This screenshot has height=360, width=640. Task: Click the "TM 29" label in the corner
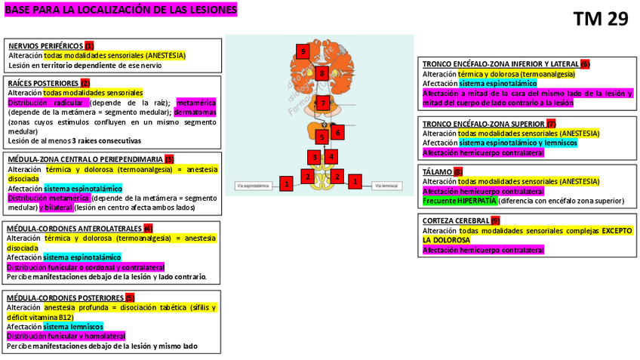(x=600, y=19)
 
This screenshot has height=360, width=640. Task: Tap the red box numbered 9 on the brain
(x=303, y=51)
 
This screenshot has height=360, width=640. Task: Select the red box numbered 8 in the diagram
(x=322, y=73)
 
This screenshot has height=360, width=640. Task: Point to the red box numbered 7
(x=322, y=103)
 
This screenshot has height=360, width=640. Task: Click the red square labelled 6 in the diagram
(x=337, y=132)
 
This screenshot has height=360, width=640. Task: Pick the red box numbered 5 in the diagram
(x=322, y=137)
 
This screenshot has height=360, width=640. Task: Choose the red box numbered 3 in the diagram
(x=314, y=157)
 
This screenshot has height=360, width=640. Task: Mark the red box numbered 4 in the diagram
(x=331, y=156)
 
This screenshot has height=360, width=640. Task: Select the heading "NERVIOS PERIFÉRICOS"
(x=46, y=46)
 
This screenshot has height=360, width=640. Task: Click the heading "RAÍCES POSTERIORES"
(x=43, y=83)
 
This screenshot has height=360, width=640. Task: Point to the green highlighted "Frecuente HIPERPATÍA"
(x=459, y=201)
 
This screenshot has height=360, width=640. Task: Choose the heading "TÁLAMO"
(x=437, y=172)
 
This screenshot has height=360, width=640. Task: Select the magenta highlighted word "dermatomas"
(x=195, y=112)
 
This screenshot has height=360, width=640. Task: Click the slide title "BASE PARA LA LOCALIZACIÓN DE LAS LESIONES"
(x=120, y=11)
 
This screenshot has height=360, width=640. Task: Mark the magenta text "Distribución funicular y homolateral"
(x=66, y=336)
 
